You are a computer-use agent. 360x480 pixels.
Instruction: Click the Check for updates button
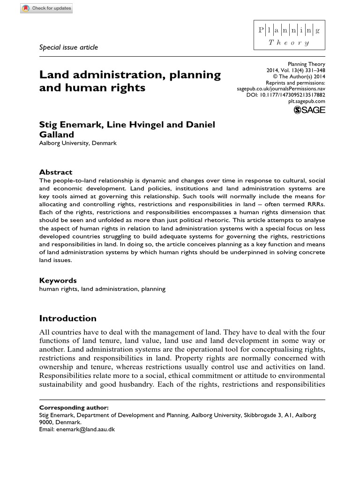pos(47,8)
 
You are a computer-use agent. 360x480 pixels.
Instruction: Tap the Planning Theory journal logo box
pos(289,36)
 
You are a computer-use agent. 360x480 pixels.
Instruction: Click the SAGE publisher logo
pos(309,110)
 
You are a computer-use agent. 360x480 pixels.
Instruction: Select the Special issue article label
pos(68,47)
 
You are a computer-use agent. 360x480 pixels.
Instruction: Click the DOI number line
pos(285,95)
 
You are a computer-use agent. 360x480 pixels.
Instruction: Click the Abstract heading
pos(55,172)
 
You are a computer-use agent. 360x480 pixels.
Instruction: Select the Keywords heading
pos(57,280)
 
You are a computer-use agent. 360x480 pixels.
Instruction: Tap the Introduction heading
pos(67,318)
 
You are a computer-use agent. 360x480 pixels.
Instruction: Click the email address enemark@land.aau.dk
pos(85,429)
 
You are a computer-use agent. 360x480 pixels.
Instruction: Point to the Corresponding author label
pos(68,407)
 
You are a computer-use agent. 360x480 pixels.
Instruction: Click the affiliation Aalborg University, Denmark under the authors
pos(78,143)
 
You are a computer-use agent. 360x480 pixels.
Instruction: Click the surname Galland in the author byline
pos(55,135)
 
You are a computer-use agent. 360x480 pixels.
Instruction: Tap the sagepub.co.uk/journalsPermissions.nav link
pos(281,89)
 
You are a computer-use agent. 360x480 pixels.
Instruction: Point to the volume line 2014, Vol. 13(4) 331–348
pos(295,70)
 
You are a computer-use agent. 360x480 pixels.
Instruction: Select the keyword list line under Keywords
pos(102,289)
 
